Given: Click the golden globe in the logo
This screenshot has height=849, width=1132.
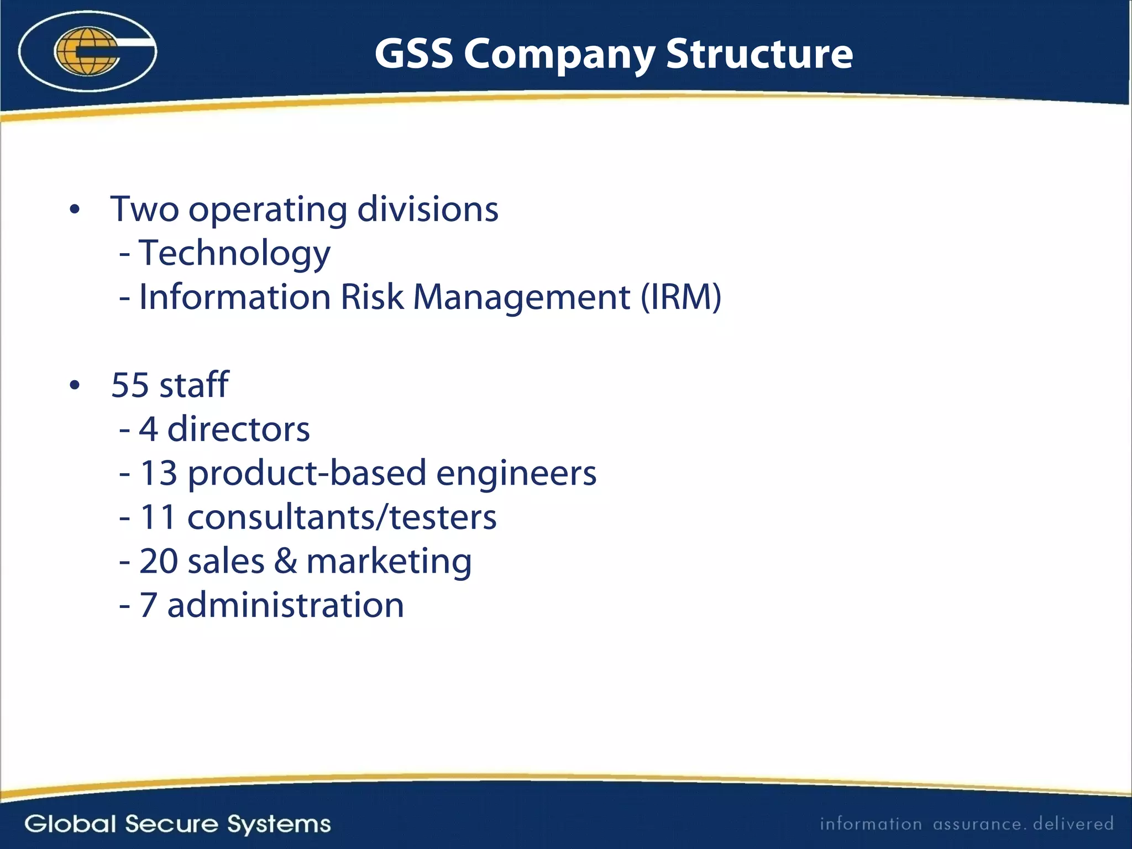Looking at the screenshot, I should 87,51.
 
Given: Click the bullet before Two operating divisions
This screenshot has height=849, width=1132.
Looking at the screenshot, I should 75,210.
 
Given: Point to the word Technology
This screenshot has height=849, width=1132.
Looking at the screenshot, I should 234,253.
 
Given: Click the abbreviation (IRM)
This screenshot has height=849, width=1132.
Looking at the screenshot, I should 681,297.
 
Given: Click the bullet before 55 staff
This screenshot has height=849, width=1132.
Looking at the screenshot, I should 75,385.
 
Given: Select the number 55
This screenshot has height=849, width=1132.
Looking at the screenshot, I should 130,385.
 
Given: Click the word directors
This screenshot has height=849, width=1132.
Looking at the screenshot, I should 238,429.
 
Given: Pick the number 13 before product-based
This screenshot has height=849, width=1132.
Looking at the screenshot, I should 159,474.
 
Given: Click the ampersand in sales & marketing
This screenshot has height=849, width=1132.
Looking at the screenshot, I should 285,562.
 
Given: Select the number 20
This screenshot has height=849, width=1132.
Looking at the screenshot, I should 159,562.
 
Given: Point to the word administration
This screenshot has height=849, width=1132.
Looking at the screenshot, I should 285,605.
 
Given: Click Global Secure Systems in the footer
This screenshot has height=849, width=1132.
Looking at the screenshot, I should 177,824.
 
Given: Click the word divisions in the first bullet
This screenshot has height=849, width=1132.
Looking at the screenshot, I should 428,209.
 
